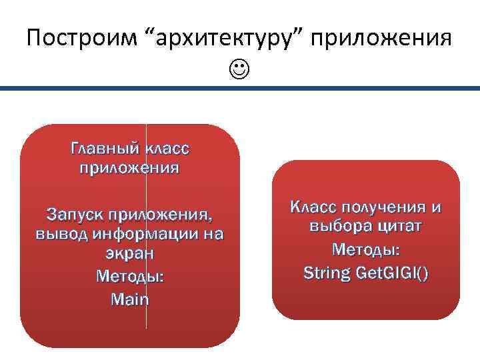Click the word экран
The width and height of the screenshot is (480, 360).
tap(129, 254)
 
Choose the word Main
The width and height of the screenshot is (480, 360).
tap(129, 299)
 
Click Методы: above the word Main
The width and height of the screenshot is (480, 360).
tap(129, 276)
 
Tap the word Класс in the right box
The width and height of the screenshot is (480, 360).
tap(312, 207)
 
